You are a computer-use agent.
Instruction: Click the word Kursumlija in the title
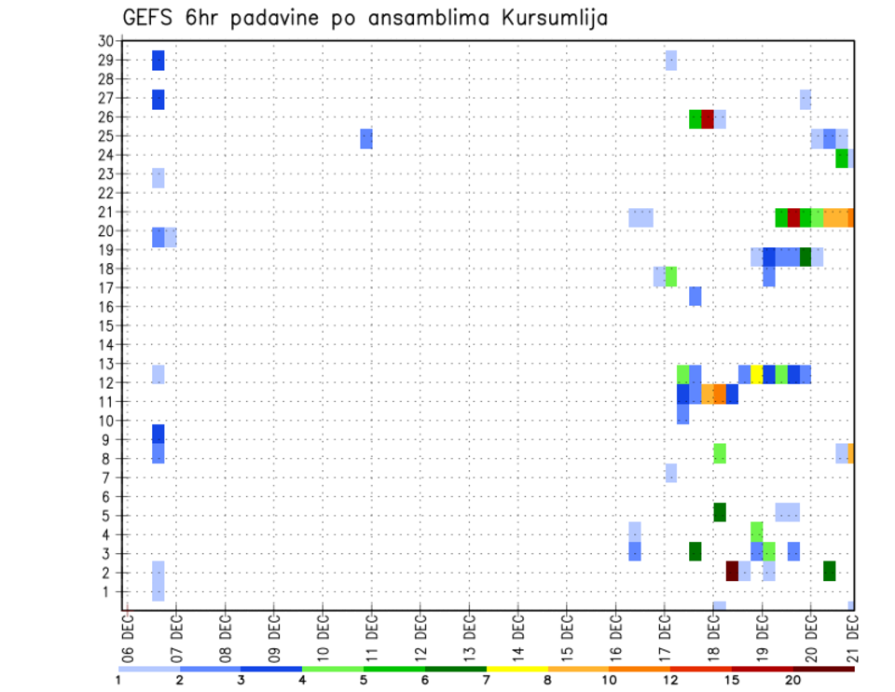click(x=550, y=18)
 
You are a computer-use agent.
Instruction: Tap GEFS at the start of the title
click(x=148, y=18)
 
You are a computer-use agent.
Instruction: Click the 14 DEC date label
click(x=518, y=633)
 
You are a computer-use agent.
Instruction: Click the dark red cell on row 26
click(x=708, y=119)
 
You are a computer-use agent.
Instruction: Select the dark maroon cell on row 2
click(x=732, y=571)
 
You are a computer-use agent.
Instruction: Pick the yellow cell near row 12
click(x=757, y=374)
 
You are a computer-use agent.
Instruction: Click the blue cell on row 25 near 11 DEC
click(x=366, y=138)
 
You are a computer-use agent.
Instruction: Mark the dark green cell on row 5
click(x=720, y=512)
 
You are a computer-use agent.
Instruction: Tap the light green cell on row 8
click(x=720, y=453)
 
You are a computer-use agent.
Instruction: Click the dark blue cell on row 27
click(x=158, y=100)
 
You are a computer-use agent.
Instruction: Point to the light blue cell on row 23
click(x=158, y=177)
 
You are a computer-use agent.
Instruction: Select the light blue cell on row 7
click(x=671, y=473)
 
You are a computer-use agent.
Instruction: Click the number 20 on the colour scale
click(x=792, y=680)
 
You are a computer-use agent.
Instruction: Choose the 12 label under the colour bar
click(x=670, y=680)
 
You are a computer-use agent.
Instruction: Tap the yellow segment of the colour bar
click(x=517, y=669)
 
